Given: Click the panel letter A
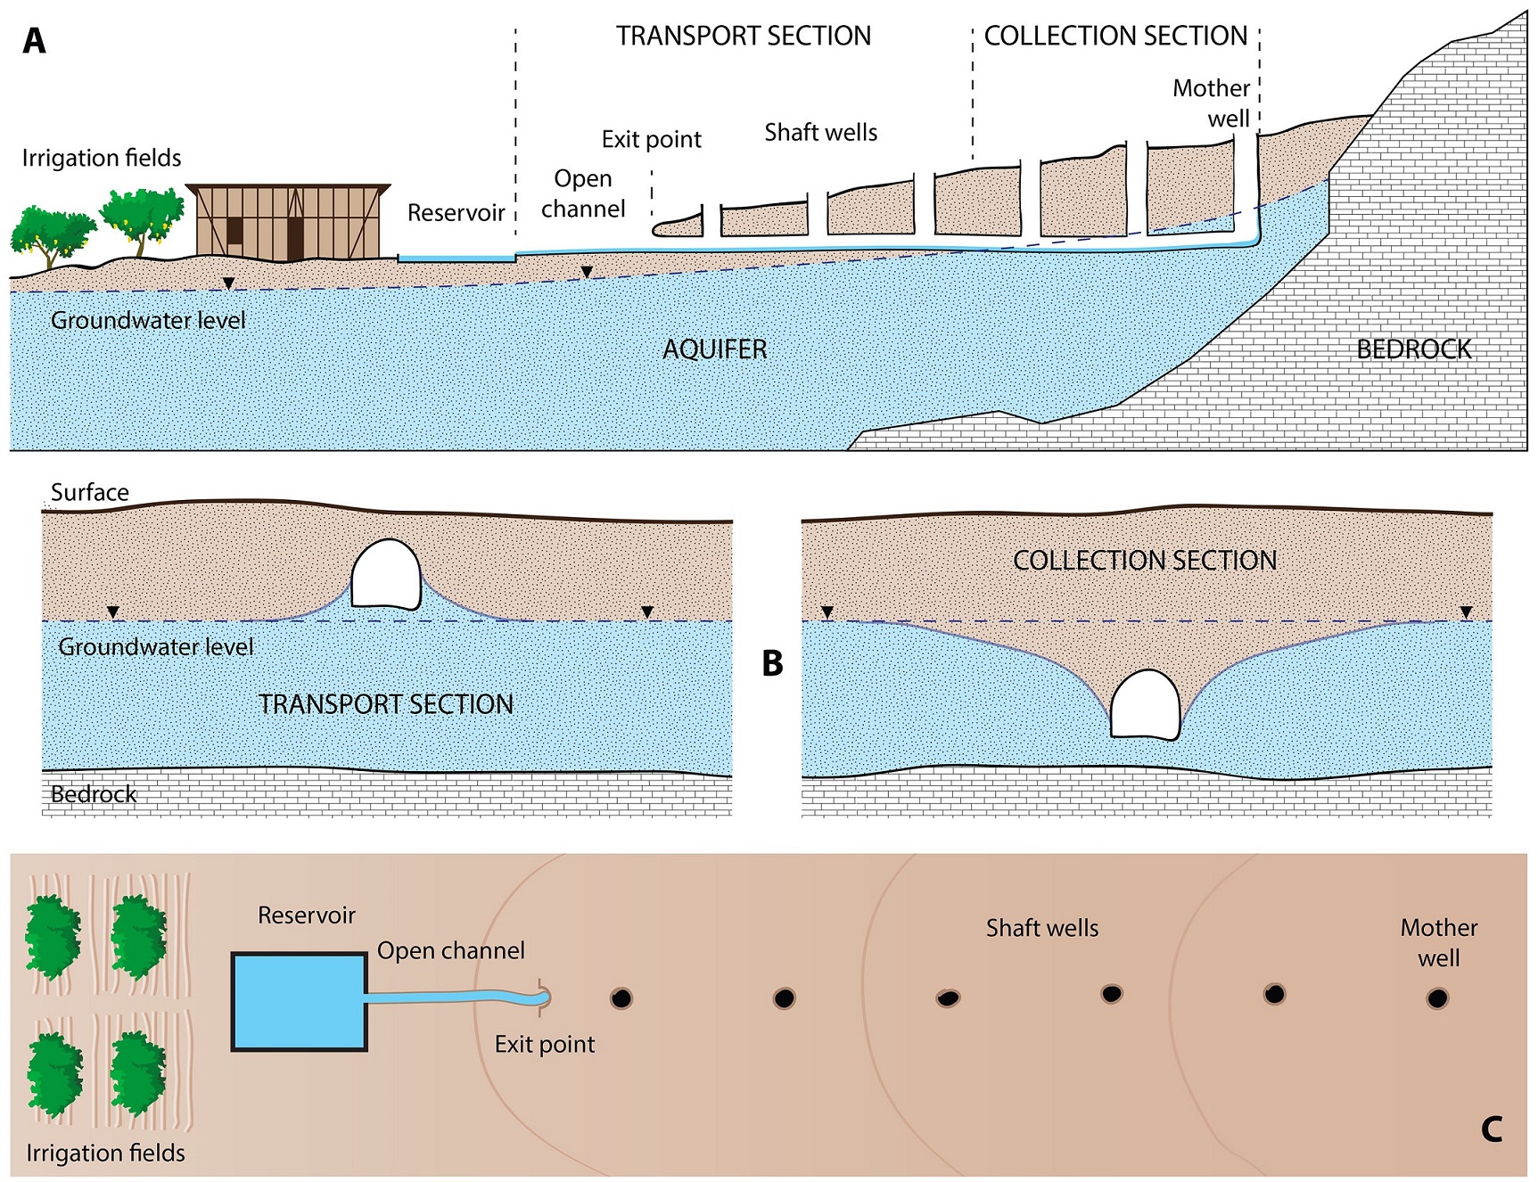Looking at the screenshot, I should click(x=34, y=41).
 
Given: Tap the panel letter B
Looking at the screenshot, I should click(x=772, y=663).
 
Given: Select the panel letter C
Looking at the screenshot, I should click(x=1491, y=1129).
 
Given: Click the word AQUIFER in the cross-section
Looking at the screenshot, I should click(x=714, y=349).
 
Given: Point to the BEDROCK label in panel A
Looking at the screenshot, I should click(x=1413, y=349).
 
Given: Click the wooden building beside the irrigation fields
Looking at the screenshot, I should click(x=288, y=222).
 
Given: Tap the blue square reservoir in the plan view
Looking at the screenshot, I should click(x=299, y=1001).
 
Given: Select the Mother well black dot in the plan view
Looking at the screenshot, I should click(x=1436, y=998).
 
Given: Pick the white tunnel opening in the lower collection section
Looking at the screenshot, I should click(x=1146, y=704).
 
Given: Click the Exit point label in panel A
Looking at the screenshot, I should click(x=651, y=140).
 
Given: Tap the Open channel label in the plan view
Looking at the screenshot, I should click(x=450, y=950).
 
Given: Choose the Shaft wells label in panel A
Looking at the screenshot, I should click(x=820, y=133).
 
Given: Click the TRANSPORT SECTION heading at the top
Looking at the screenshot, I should click(x=743, y=36).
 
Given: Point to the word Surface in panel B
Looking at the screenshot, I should click(x=89, y=492).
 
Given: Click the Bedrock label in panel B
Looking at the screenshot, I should click(x=94, y=794).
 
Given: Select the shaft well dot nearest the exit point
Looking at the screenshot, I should click(x=621, y=998).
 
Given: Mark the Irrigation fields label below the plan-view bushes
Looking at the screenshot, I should click(x=105, y=1153).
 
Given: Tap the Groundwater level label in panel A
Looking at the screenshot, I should click(x=147, y=320).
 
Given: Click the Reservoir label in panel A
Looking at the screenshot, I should click(x=456, y=213).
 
